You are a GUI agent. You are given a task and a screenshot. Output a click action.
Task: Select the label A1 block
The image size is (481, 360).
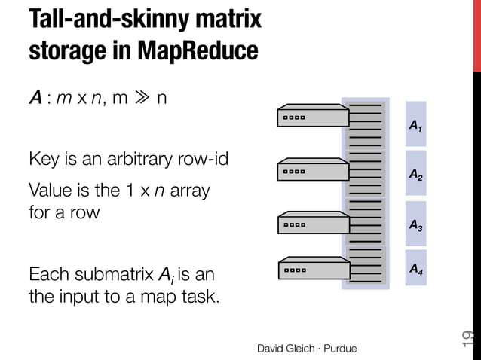point(415,125)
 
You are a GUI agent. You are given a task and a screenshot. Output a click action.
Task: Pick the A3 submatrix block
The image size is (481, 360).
point(415,224)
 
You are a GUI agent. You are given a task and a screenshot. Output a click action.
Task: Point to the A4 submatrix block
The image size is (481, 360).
point(415,267)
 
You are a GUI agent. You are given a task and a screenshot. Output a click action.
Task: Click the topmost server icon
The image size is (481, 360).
point(311,116)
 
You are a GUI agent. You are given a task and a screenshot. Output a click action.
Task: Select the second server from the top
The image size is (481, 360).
point(311,169)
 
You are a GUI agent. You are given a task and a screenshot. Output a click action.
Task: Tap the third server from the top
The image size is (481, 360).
point(311,222)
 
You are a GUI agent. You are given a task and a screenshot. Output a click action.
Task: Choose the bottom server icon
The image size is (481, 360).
point(311,267)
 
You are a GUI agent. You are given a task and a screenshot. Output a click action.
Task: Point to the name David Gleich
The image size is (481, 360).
point(286,348)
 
